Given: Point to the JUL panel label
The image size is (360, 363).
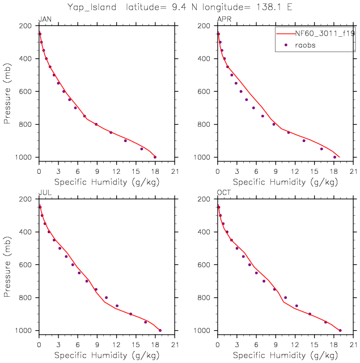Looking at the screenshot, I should coord(44,193).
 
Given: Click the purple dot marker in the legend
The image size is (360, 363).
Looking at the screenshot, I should coord(286,45).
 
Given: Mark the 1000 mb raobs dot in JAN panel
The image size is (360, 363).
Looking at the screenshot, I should coord(155,157).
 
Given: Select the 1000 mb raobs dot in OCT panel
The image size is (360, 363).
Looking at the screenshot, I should coord(340,330).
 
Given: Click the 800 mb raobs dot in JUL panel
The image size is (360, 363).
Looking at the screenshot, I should coord(106,297).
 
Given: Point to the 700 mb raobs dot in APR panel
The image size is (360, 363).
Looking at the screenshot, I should coord(253,108).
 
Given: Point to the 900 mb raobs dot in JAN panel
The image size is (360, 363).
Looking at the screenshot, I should coord(125,140).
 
